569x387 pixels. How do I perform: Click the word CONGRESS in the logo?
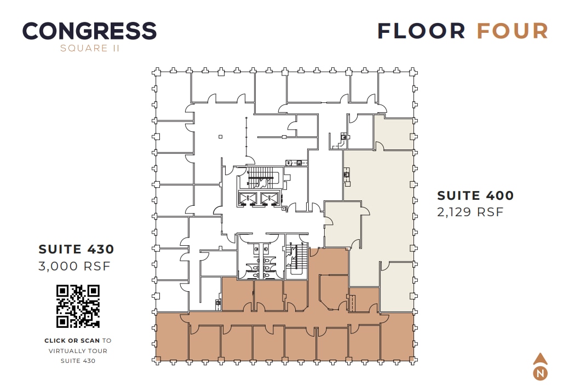click(89, 31)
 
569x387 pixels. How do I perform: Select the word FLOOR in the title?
click(421, 31)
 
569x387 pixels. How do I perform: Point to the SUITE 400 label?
click(475, 195)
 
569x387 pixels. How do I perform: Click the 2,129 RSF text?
click(469, 212)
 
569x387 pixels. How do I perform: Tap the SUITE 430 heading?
click(76, 249)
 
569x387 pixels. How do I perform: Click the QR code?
click(78, 306)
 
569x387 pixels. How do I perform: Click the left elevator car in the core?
click(250, 199)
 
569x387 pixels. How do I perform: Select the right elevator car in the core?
click(268, 199)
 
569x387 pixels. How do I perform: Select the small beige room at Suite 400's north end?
click(393, 133)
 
